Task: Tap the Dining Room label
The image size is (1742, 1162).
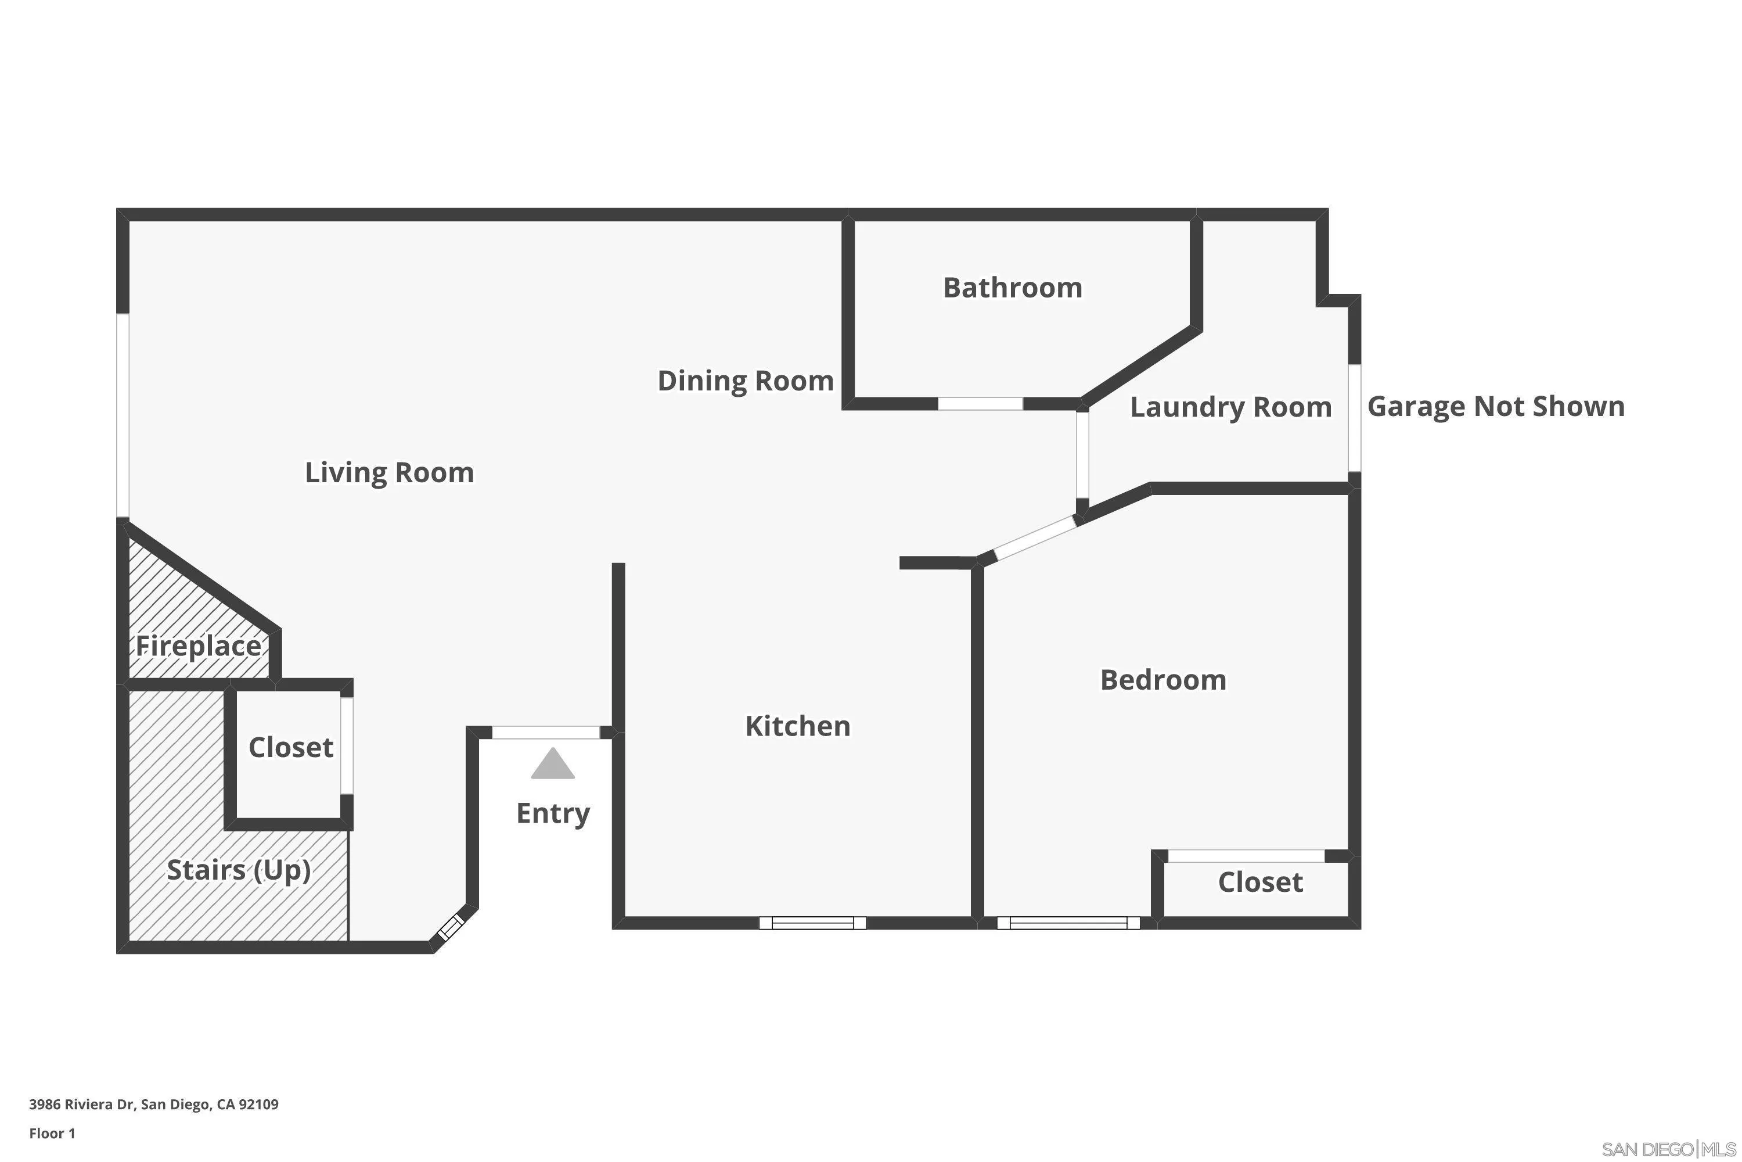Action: [x=745, y=381]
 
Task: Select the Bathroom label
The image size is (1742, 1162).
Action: [x=1012, y=288]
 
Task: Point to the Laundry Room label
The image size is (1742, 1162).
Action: [x=1230, y=407]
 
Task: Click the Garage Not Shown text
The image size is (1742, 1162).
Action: [x=1495, y=406]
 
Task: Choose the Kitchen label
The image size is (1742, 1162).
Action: [x=798, y=726]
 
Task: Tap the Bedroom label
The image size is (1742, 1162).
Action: [x=1163, y=680]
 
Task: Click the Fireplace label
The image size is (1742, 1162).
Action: [x=198, y=646]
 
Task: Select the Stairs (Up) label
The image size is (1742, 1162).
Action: [x=239, y=869]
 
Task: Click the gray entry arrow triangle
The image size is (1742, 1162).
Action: [x=553, y=765]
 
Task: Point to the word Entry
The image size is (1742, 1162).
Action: [x=553, y=813]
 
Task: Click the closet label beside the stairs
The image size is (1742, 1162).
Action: [x=290, y=747]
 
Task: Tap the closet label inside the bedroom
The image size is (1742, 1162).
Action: [x=1260, y=882]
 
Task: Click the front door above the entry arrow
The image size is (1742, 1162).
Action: [x=546, y=732]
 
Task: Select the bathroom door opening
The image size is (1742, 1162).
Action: [x=980, y=404]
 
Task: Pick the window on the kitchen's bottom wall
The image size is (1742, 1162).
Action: [x=812, y=923]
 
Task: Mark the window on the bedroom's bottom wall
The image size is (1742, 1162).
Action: [x=1068, y=923]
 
